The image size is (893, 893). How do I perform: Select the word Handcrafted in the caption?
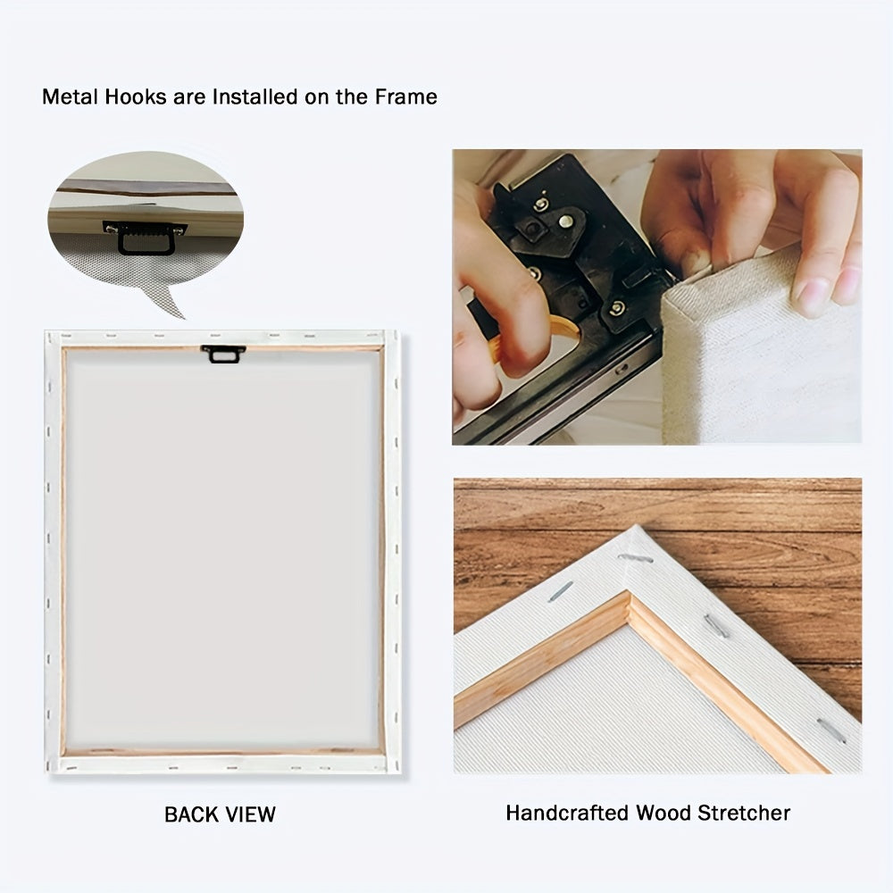[567, 813]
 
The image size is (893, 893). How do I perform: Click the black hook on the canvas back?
[222, 354]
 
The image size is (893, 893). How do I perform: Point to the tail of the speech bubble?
[164, 301]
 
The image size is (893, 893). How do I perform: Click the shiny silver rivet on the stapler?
[564, 221]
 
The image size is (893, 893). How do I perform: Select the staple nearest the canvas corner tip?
[635, 558]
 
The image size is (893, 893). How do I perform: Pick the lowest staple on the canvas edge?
[830, 730]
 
